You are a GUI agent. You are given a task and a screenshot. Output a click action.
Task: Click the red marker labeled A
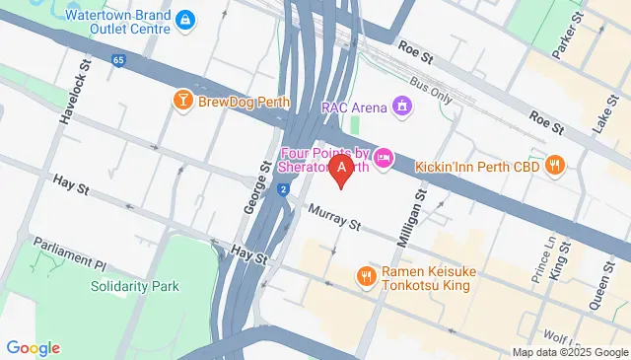point(341,170)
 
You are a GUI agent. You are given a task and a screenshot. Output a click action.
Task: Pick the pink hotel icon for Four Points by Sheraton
point(385,156)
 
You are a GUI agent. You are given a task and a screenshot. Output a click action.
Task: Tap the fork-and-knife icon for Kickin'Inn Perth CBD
point(555,165)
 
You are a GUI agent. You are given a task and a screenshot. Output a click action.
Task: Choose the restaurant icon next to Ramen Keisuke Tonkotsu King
point(366,275)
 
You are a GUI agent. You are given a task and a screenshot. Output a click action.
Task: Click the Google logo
point(33,347)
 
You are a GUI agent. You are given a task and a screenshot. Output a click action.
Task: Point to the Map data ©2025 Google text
point(569,352)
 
